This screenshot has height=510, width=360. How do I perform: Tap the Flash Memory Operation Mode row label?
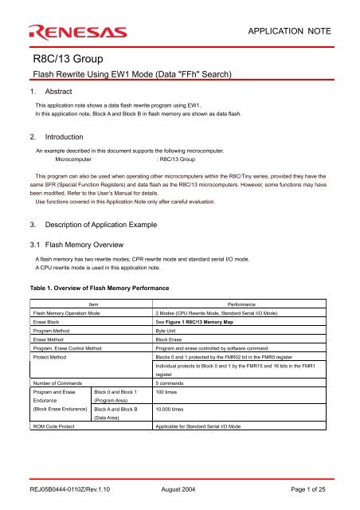point(71,337)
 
